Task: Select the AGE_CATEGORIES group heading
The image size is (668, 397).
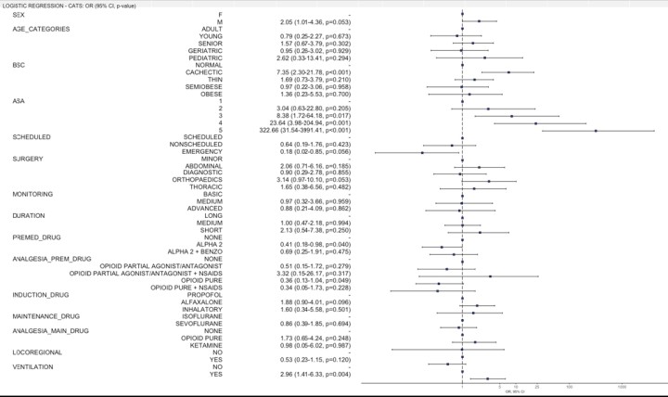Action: point(37,29)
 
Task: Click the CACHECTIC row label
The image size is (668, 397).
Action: point(202,72)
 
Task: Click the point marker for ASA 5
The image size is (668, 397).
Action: point(596,131)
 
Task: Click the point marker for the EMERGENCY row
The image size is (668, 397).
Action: point(422,152)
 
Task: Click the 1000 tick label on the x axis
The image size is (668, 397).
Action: point(622,386)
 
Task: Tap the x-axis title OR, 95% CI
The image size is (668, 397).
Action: point(514,392)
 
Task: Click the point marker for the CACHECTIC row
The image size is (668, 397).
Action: point(508,72)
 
